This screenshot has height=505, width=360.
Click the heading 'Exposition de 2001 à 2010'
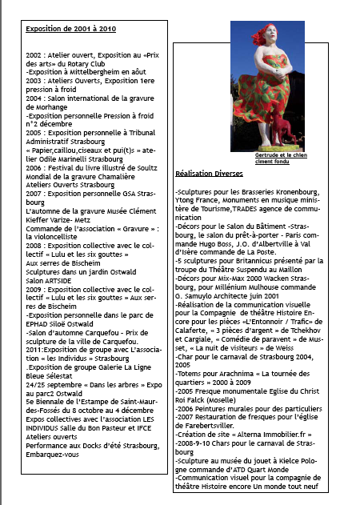point(70,29)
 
